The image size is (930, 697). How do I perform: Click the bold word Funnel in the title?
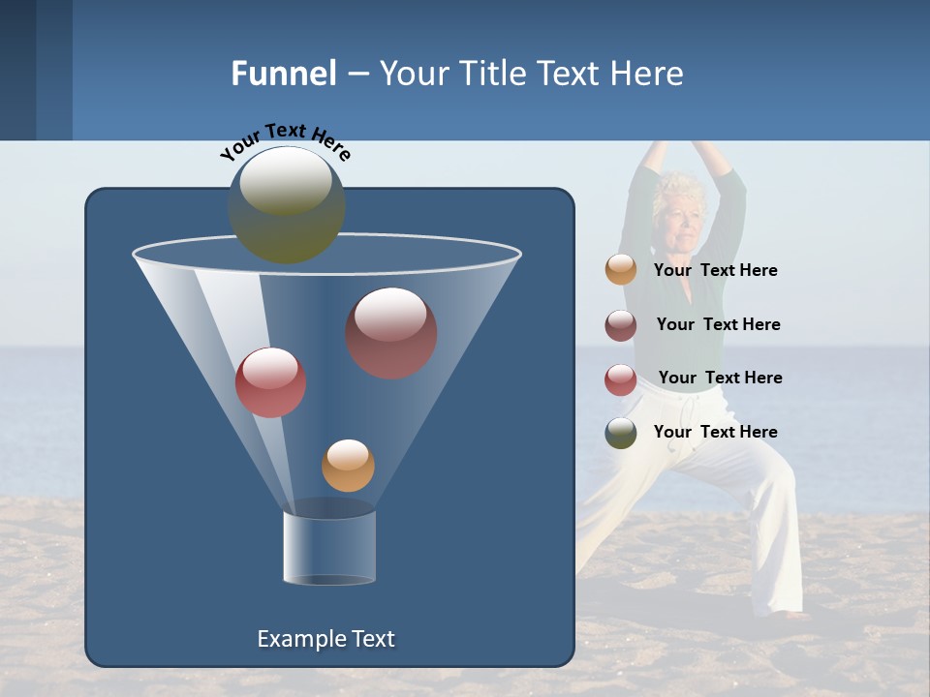coord(284,74)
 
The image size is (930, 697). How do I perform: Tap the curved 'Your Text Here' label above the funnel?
coord(285,141)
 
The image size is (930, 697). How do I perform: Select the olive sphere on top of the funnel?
coord(286,204)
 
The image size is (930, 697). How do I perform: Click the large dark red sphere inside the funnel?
coord(390,333)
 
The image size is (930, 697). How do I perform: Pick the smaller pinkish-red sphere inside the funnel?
coord(270,382)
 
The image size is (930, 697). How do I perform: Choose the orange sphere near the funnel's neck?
coord(348,465)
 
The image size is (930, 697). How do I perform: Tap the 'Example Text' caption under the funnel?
coord(325,639)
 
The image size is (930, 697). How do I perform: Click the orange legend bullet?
coord(621,269)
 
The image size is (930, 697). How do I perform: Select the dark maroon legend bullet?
coord(621,325)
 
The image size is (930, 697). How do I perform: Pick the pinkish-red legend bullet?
coord(621,379)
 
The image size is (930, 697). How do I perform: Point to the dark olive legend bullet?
coord(621,433)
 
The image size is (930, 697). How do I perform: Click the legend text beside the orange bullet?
coord(715,270)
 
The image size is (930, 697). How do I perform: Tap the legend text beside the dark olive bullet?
coord(715,432)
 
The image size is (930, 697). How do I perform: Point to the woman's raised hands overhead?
coord(684,147)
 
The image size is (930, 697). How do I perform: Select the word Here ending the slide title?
coord(648,74)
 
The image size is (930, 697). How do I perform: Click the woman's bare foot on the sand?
coord(796,614)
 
